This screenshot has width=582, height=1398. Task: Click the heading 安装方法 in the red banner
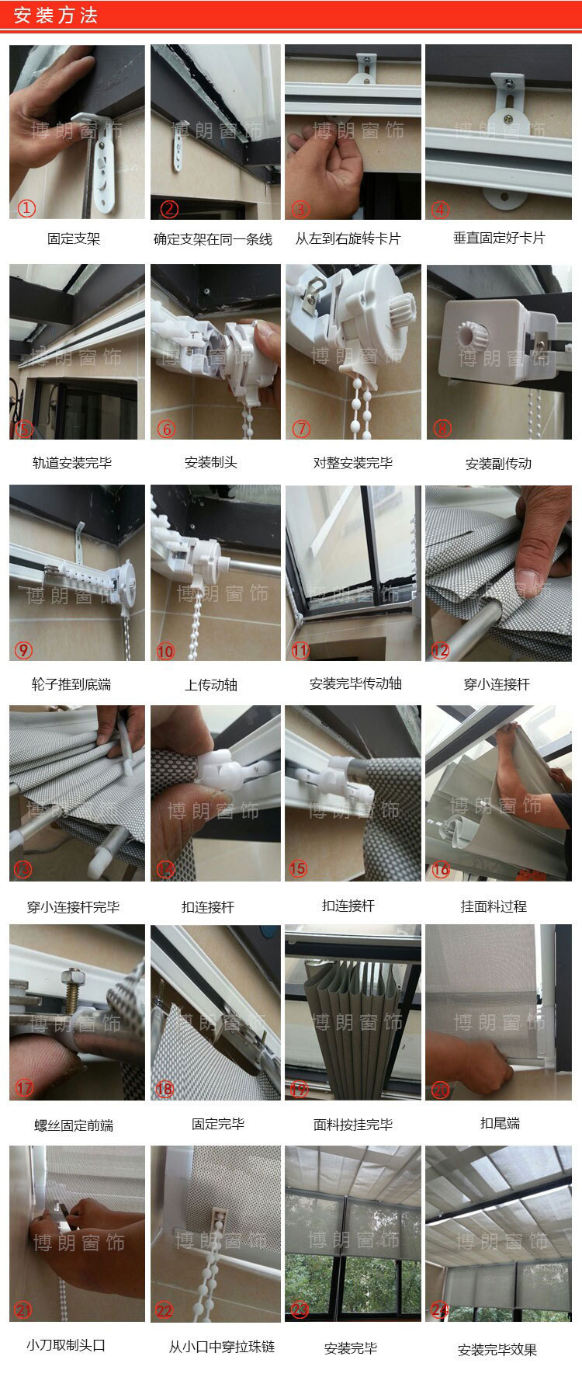tap(56, 16)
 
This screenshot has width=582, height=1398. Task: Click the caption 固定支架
tap(74, 239)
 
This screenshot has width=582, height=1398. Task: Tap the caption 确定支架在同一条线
tap(213, 239)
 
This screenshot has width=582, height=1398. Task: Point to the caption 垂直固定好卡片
tap(499, 238)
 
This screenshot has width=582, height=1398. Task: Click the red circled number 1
tap(27, 208)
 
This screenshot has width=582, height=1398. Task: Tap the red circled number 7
tap(300, 428)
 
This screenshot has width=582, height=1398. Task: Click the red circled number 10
tap(165, 651)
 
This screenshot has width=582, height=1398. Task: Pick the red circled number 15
tap(298, 868)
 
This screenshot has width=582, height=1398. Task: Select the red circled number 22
tap(165, 1310)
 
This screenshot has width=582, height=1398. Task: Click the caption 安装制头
tap(210, 462)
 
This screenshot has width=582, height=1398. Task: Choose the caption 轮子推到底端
tap(71, 684)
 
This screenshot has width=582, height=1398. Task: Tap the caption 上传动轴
tap(211, 685)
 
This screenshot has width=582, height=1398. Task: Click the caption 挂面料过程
tap(494, 906)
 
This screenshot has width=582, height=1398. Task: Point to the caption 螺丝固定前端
tap(74, 1125)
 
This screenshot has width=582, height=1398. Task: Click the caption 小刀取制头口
tap(66, 1344)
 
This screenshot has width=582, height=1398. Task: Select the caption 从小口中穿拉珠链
tap(222, 1346)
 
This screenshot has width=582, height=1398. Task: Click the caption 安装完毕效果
tap(497, 1349)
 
